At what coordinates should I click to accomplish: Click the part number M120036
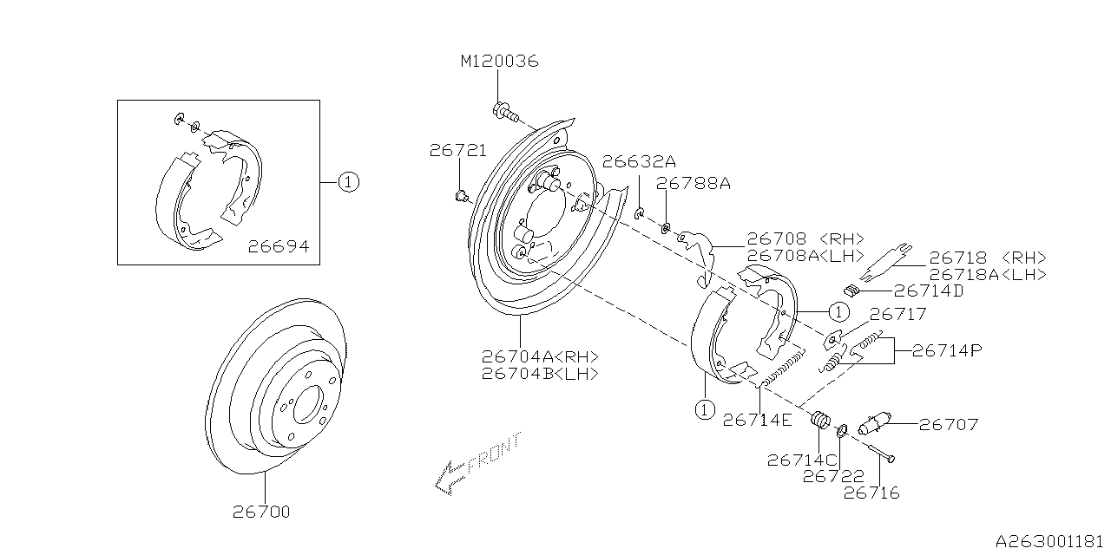(499, 61)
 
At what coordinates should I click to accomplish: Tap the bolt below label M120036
(506, 112)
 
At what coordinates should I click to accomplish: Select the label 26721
(457, 151)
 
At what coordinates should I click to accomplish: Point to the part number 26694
(279, 246)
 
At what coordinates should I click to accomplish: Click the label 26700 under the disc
(261, 512)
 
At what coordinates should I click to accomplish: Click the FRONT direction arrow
(477, 463)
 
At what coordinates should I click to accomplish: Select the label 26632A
(639, 161)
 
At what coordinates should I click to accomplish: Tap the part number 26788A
(694, 184)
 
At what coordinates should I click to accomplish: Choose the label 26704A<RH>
(540, 356)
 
